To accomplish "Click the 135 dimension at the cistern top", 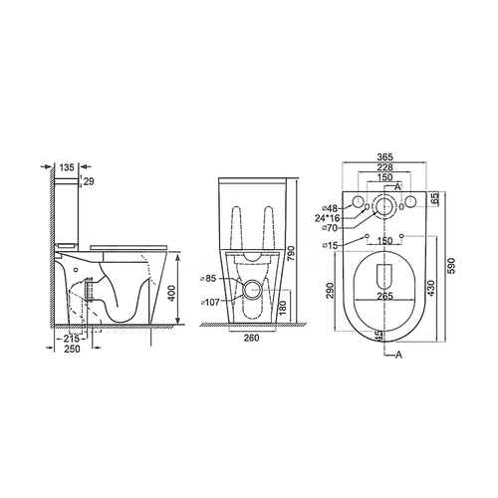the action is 67,167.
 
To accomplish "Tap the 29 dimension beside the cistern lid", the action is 89,181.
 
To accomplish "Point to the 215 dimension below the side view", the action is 71,339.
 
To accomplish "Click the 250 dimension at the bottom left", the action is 72,349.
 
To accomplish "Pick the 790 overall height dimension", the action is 291,254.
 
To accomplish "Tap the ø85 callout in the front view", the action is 208,278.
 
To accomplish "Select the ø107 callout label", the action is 210,302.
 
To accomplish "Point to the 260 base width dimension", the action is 252,338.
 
